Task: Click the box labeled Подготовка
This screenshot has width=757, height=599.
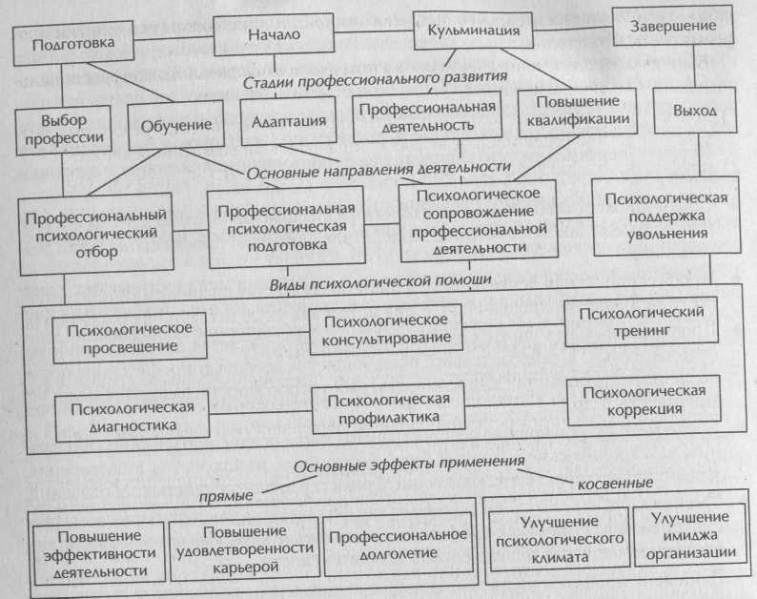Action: (73, 44)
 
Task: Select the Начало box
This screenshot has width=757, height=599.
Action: (274, 34)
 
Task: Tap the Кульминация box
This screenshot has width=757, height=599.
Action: (474, 30)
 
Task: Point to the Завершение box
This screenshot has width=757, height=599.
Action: (673, 26)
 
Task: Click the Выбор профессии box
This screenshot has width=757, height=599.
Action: (64, 130)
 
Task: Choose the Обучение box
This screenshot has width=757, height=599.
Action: (176, 125)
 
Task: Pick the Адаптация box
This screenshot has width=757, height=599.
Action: (289, 121)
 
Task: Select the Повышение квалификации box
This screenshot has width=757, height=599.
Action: (578, 111)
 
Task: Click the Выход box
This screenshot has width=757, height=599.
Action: (695, 110)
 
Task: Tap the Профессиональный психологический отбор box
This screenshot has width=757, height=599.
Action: (96, 234)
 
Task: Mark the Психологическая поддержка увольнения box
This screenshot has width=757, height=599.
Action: (666, 216)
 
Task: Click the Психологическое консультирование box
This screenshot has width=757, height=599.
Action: (386, 329)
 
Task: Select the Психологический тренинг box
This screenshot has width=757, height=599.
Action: (641, 321)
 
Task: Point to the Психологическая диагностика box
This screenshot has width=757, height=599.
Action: (133, 417)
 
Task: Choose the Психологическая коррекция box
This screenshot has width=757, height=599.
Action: (644, 401)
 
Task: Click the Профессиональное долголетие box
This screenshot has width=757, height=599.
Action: (398, 545)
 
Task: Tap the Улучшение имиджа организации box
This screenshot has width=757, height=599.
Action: (690, 535)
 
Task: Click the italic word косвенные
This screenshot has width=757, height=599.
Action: (615, 483)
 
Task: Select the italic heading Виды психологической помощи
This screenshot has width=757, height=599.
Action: (380, 282)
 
